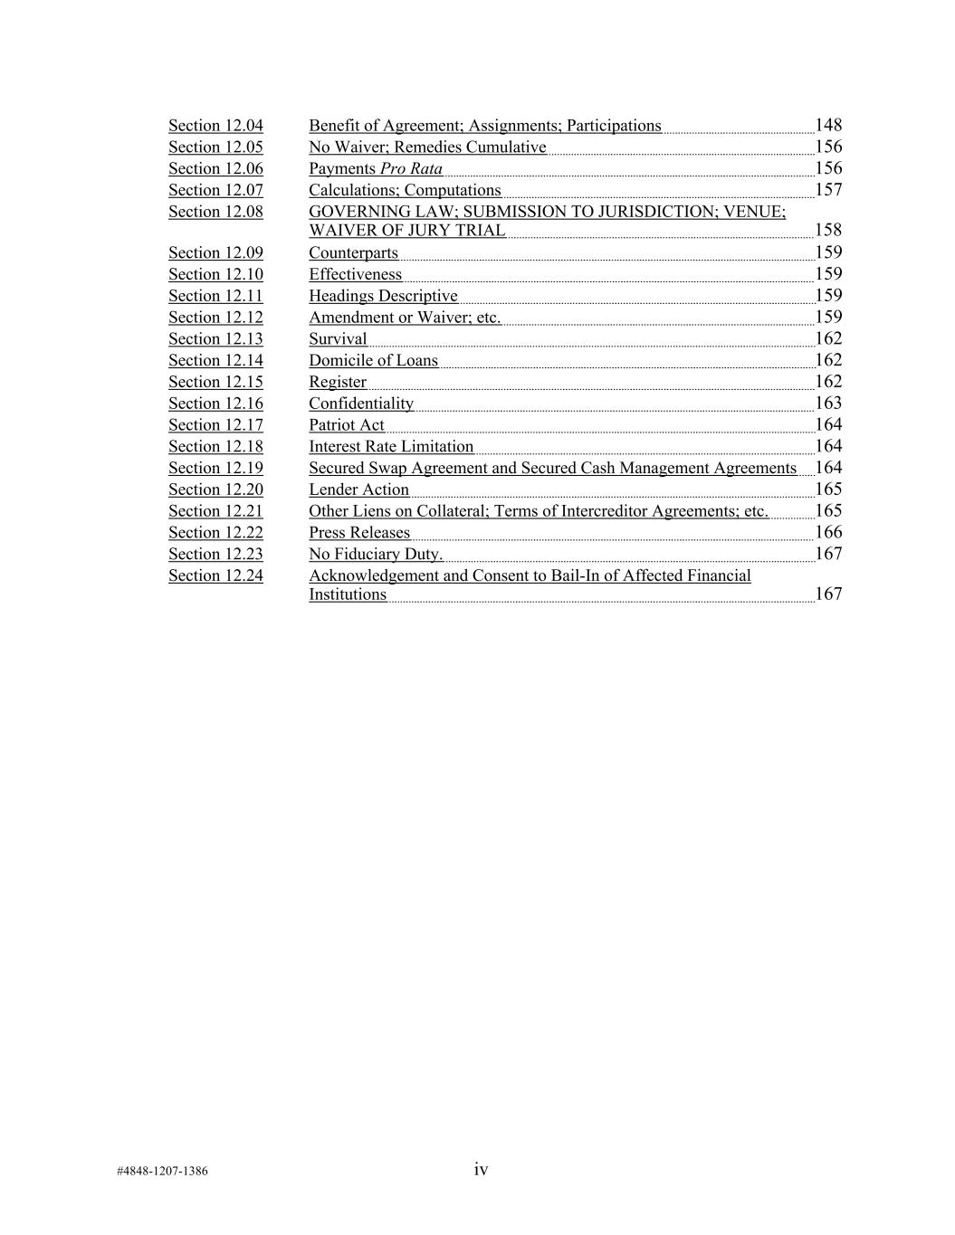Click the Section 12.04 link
(x=215, y=126)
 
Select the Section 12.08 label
(x=215, y=212)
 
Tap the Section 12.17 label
(x=215, y=425)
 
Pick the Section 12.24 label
(x=215, y=576)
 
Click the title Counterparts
(x=353, y=253)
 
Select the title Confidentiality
(x=361, y=404)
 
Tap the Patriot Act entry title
(x=347, y=425)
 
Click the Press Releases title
(x=359, y=533)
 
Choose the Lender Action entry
(x=358, y=490)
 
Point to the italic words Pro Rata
(x=411, y=169)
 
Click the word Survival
(x=338, y=339)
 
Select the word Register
(x=338, y=383)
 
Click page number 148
(x=828, y=126)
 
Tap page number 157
(x=828, y=190)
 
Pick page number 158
(x=828, y=231)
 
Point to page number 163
(x=828, y=404)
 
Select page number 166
(x=828, y=532)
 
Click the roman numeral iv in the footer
(x=481, y=1170)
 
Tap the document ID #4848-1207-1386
(x=162, y=1172)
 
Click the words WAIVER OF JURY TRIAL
(x=407, y=231)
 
